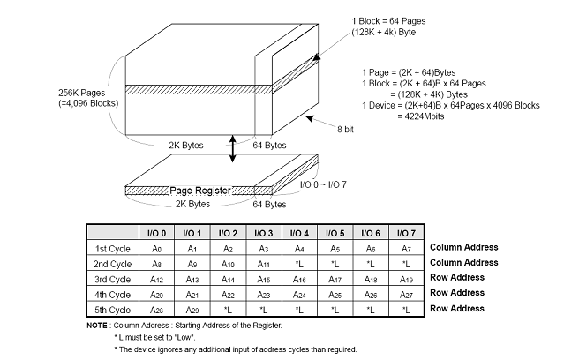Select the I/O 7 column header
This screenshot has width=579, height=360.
tap(405, 232)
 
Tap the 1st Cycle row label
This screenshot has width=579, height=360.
tap(112, 248)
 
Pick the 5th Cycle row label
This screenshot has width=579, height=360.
tap(112, 309)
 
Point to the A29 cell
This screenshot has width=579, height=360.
tap(191, 309)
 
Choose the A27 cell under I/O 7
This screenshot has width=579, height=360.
tap(405, 294)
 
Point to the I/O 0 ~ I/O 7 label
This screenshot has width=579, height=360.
tap(322, 184)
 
